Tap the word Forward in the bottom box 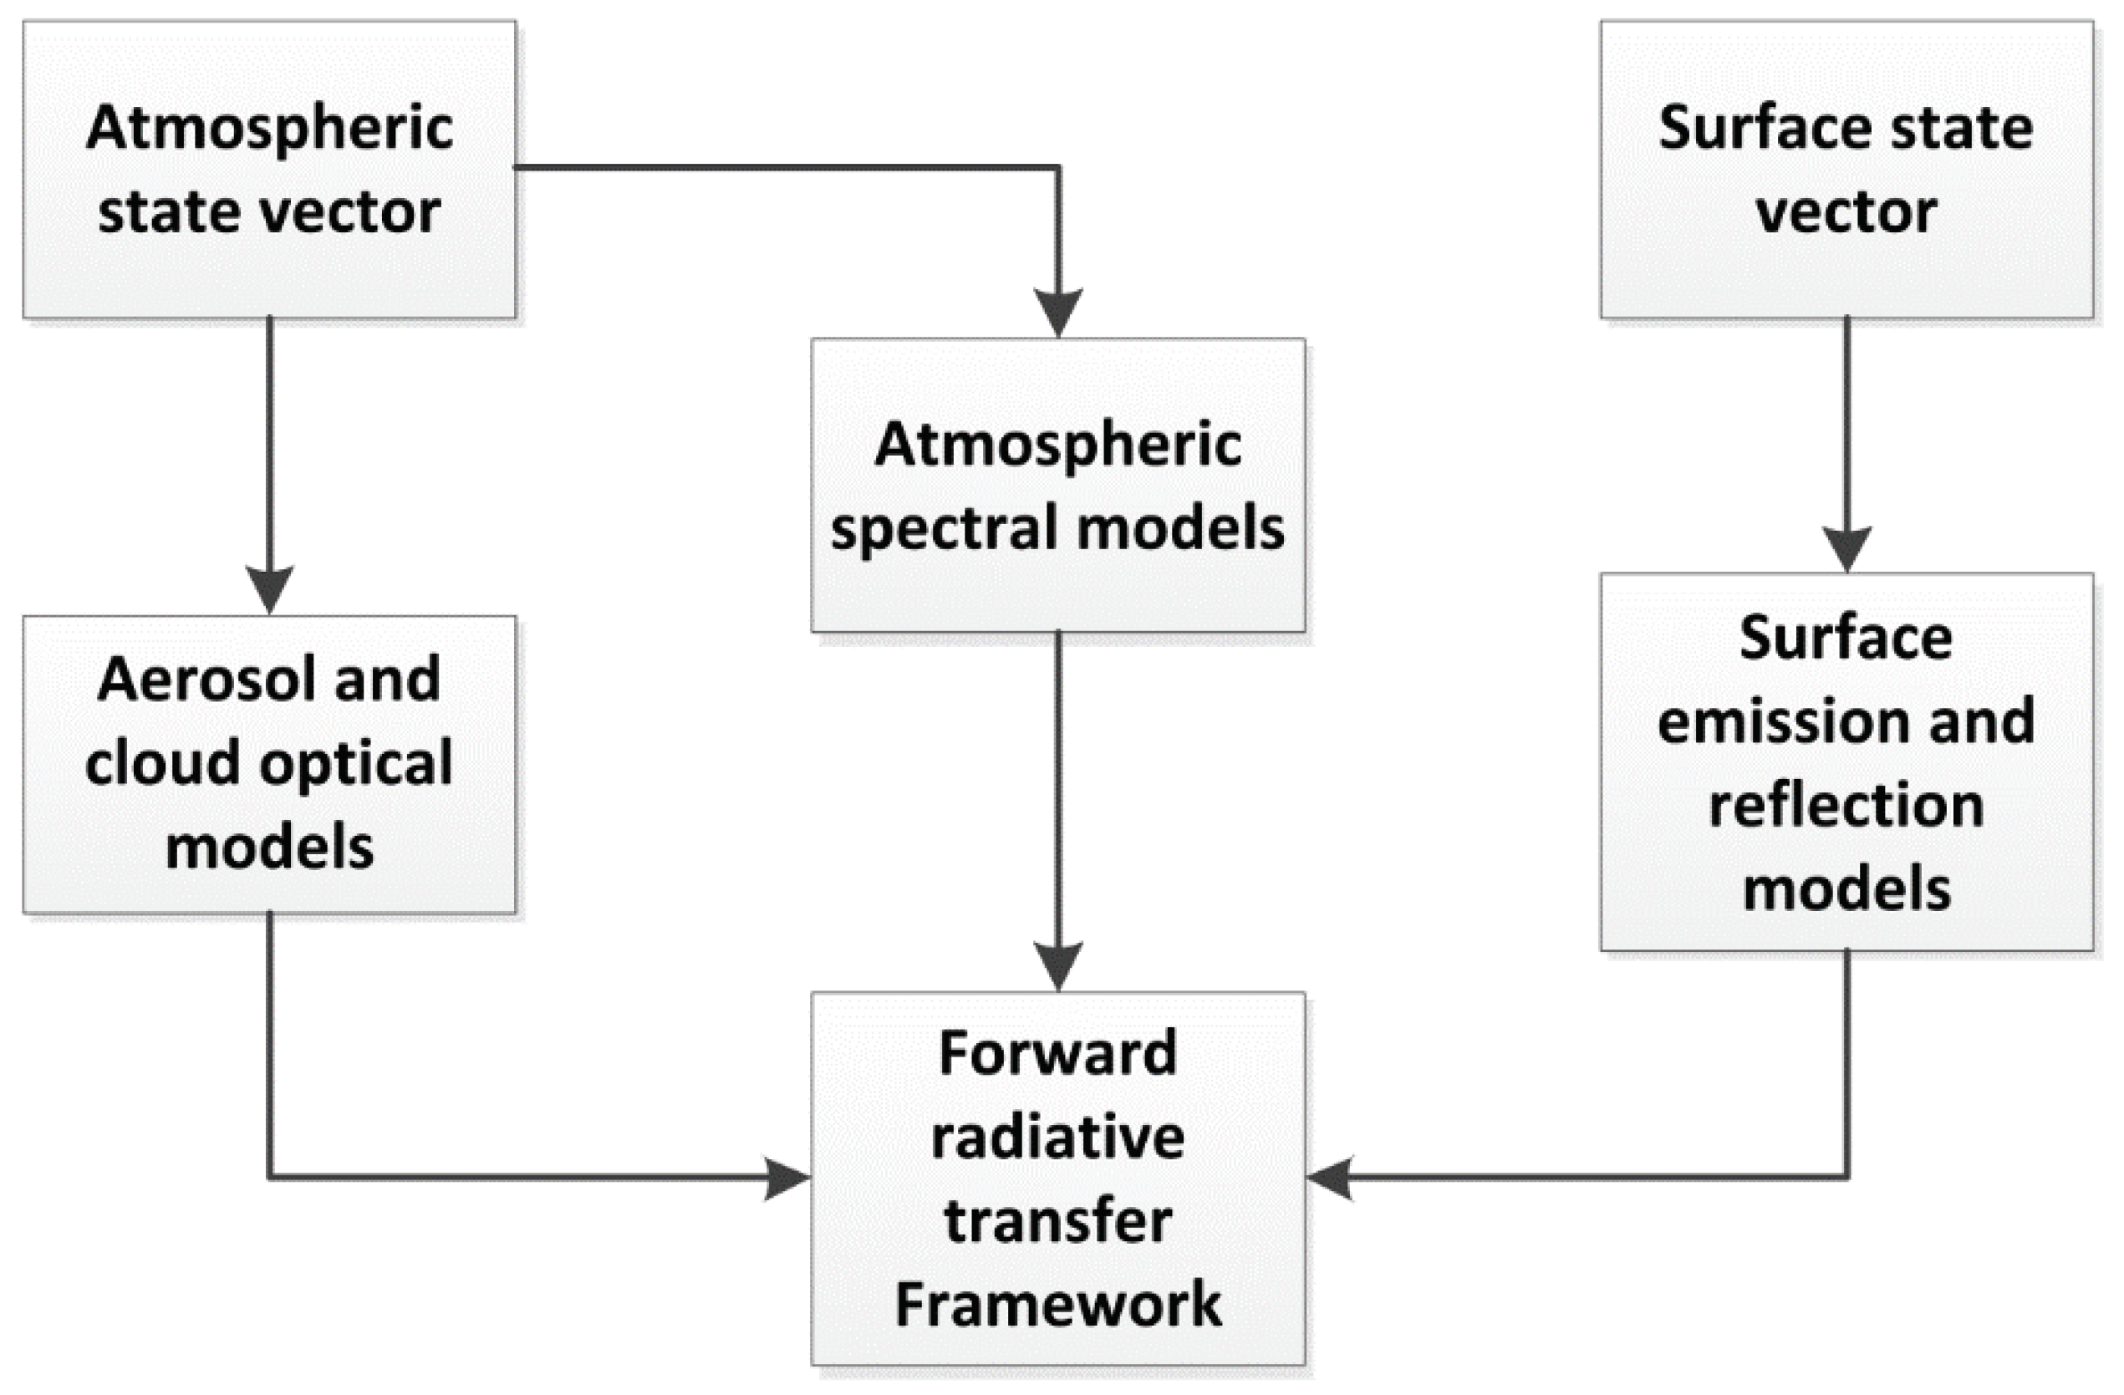click(1057, 1053)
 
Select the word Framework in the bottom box click(1057, 1304)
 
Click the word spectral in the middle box click(946, 528)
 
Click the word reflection click(1846, 805)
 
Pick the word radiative click(1057, 1138)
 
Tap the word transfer click(1057, 1221)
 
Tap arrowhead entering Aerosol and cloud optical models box click(269, 590)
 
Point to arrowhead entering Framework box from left click(787, 1179)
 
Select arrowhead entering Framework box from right click(1330, 1179)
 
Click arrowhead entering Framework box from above click(1058, 965)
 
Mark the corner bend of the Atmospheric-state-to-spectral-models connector click(1058, 167)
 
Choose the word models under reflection click(1846, 889)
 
